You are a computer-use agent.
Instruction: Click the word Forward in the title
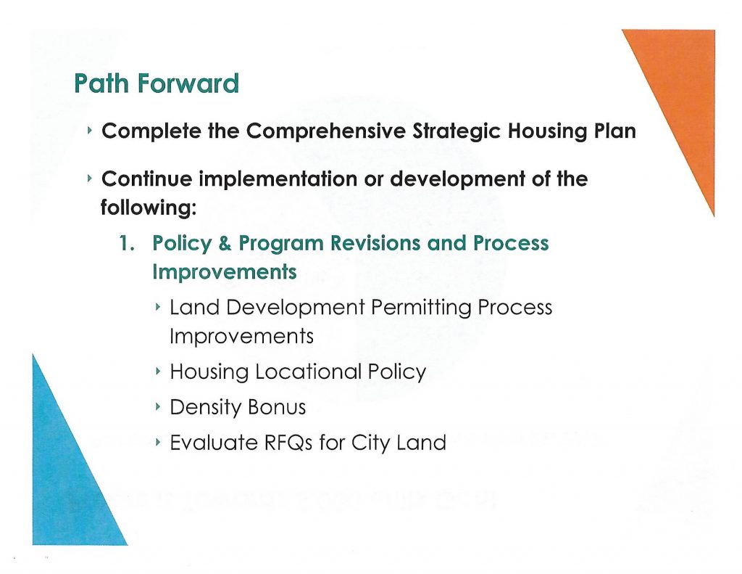pyautogui.click(x=188, y=83)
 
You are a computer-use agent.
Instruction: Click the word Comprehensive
pyautogui.click(x=325, y=131)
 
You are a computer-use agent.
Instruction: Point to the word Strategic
pyautogui.click(x=457, y=131)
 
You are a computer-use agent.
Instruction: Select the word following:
pyautogui.click(x=148, y=208)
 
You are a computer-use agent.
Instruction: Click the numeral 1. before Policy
pyautogui.click(x=127, y=242)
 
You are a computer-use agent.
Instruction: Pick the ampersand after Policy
pyautogui.click(x=225, y=243)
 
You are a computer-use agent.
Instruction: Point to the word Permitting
pyautogui.click(x=421, y=308)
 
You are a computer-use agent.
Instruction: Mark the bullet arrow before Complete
pyautogui.click(x=89, y=130)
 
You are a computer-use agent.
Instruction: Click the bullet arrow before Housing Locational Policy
pyautogui.click(x=158, y=371)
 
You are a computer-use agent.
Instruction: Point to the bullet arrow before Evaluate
pyautogui.click(x=158, y=442)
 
